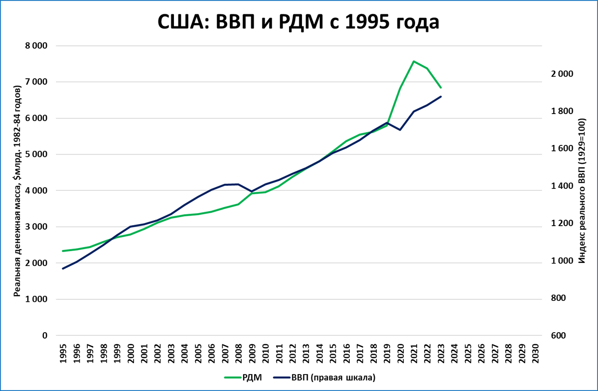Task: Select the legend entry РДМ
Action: tap(245, 378)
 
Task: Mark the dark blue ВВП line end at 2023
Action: tap(441, 96)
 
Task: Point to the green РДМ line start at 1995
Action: tap(63, 251)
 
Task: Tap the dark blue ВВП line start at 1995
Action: tap(63, 268)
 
